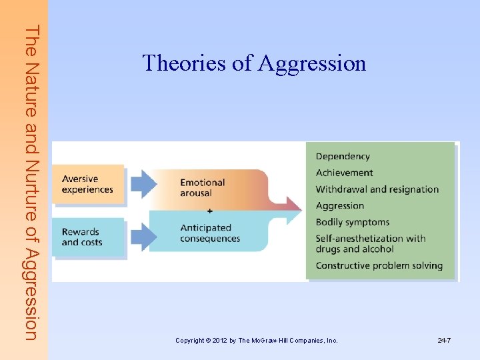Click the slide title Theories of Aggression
[x=254, y=63]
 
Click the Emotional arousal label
[x=202, y=187]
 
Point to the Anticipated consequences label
[x=209, y=233]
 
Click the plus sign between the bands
[x=210, y=211]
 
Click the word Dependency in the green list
[x=343, y=157]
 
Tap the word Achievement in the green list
[x=344, y=173]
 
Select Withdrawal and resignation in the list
[x=377, y=189]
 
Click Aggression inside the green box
[x=340, y=206]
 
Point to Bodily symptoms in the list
[x=353, y=222]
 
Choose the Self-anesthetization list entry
[x=371, y=243]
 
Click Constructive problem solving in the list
[x=379, y=265]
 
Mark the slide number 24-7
[x=444, y=341]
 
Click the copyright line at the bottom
[x=257, y=341]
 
